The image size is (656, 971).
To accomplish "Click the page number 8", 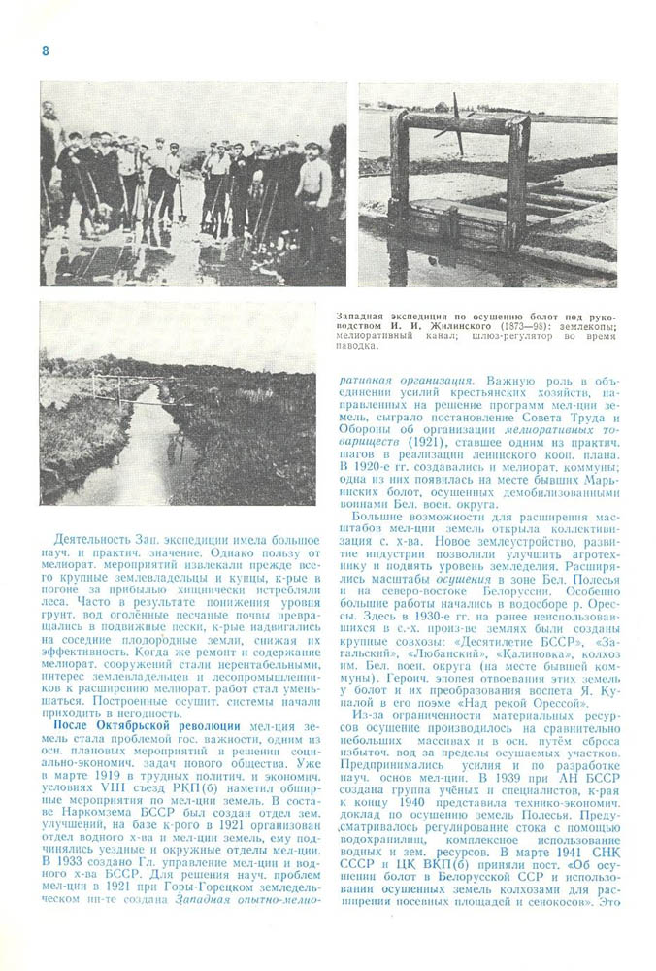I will [x=44, y=50].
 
